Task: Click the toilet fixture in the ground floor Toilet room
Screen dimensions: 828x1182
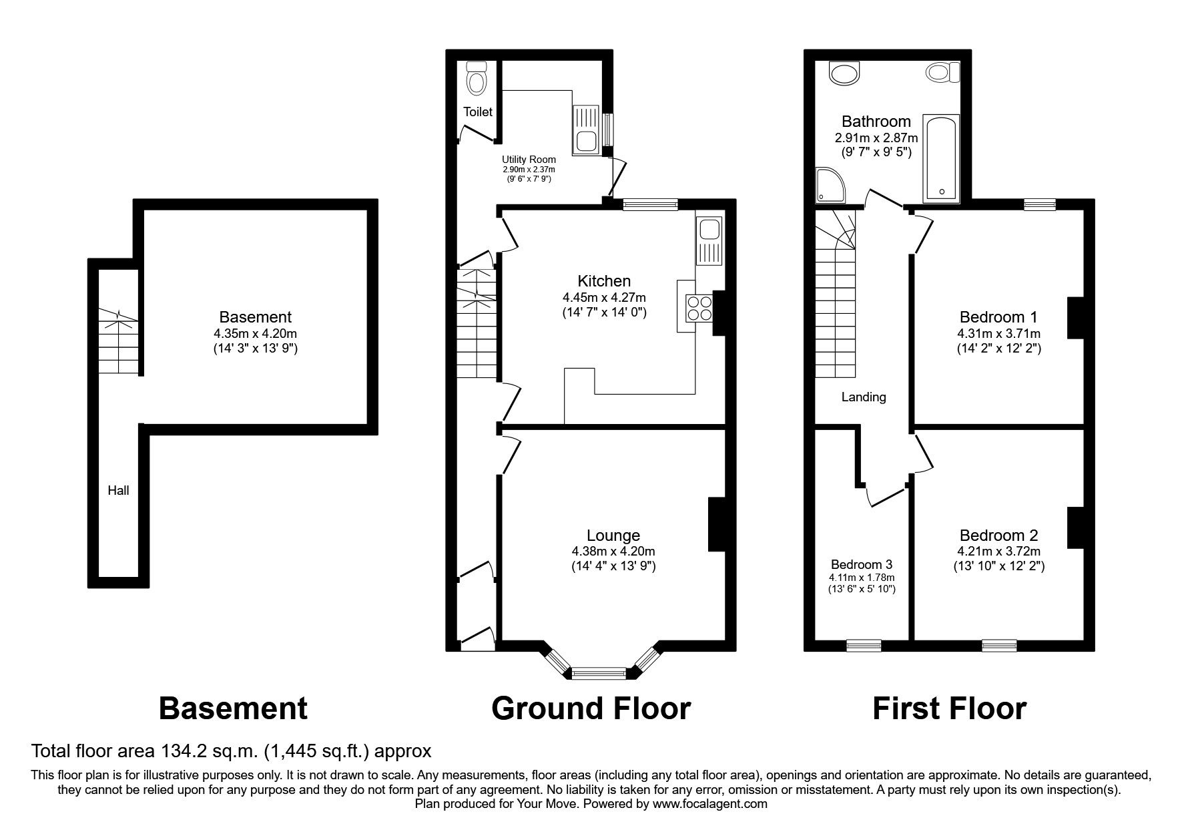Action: click(476, 78)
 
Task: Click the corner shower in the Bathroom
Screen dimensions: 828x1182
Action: click(830, 185)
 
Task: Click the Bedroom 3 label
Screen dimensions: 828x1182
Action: click(862, 564)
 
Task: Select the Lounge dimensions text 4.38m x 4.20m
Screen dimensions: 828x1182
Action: click(613, 552)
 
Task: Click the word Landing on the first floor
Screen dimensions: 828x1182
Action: click(863, 397)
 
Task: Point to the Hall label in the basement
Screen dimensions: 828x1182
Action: click(119, 491)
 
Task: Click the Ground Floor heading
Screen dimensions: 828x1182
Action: click(591, 708)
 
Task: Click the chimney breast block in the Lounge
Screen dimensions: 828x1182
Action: click(716, 524)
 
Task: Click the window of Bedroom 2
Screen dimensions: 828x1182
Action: click(999, 645)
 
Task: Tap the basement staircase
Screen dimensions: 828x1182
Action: click(119, 342)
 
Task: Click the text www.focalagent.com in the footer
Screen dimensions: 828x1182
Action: click(709, 805)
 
